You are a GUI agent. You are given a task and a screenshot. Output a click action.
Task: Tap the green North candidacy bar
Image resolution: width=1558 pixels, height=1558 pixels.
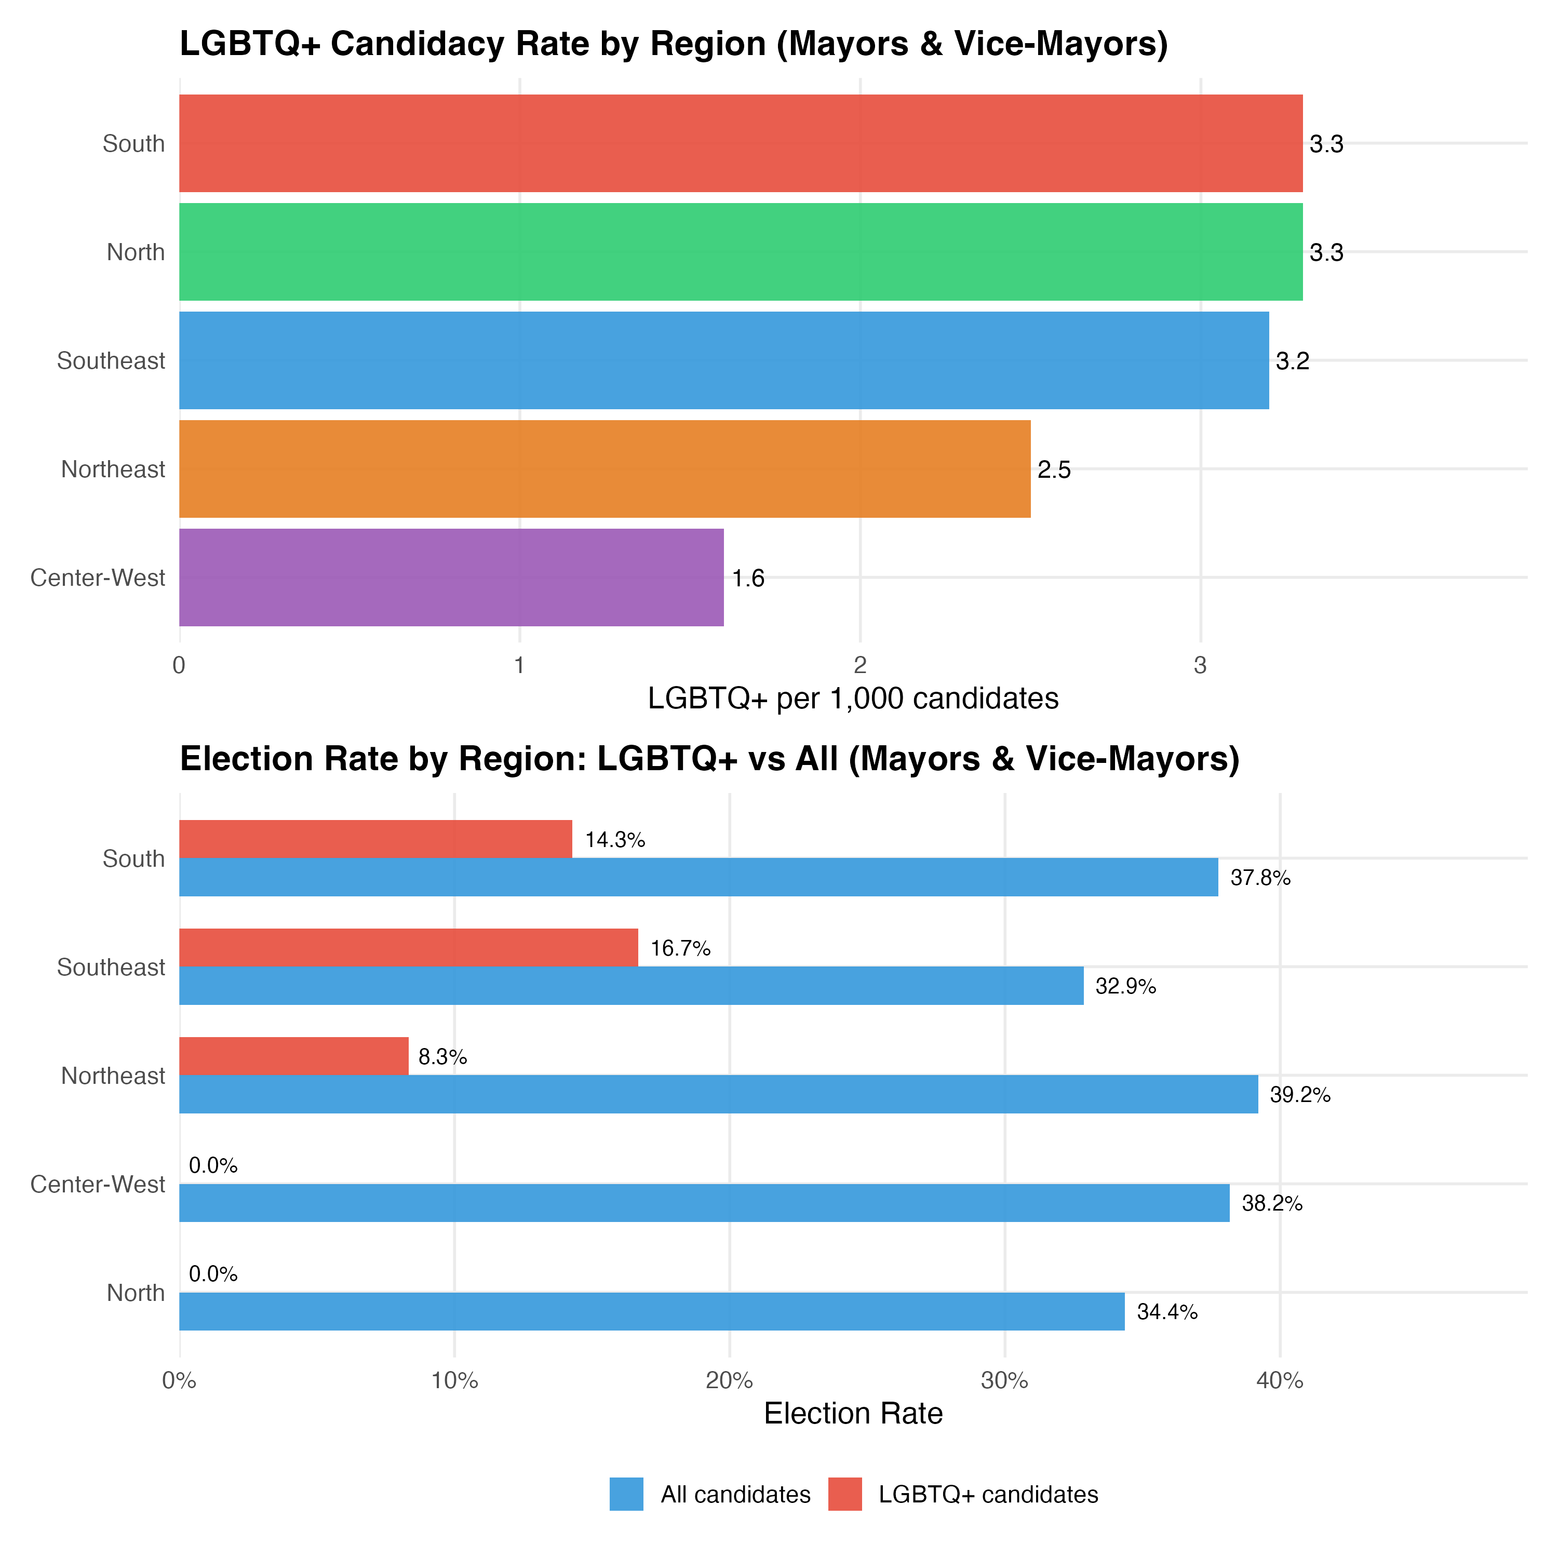740,251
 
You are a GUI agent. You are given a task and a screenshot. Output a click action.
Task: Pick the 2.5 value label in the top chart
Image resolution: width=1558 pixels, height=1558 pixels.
1054,470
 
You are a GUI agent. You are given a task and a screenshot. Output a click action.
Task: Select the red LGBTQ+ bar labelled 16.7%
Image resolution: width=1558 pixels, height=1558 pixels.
408,948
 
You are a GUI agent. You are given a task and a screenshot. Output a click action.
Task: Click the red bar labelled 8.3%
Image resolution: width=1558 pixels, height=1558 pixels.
293,1056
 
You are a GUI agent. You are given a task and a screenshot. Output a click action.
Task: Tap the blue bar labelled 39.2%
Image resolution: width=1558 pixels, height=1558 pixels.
718,1094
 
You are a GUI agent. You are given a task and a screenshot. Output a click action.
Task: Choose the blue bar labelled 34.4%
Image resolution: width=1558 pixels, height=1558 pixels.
652,1311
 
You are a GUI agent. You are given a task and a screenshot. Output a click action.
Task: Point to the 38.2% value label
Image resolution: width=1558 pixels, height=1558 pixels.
1272,1204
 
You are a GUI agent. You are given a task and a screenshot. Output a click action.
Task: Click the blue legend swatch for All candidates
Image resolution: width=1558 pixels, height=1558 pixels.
627,1494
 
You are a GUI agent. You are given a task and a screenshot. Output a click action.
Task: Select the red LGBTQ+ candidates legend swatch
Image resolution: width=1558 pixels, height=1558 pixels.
845,1494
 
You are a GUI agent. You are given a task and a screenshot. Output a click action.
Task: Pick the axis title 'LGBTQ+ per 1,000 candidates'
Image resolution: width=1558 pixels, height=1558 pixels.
853,699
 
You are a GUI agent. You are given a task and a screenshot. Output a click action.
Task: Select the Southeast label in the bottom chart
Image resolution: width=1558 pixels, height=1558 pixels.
111,967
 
